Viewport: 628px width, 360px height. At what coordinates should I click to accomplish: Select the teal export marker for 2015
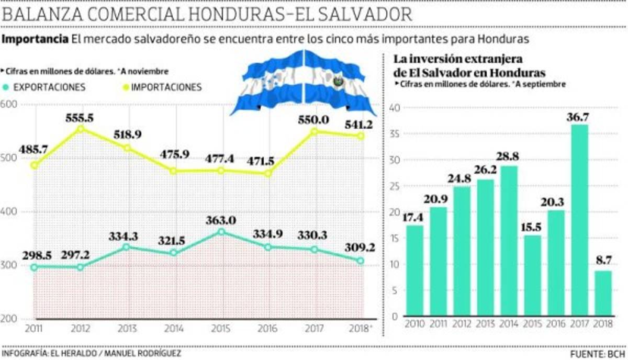[x=221, y=231]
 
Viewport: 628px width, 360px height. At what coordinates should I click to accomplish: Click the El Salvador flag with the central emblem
[x=339, y=82]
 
